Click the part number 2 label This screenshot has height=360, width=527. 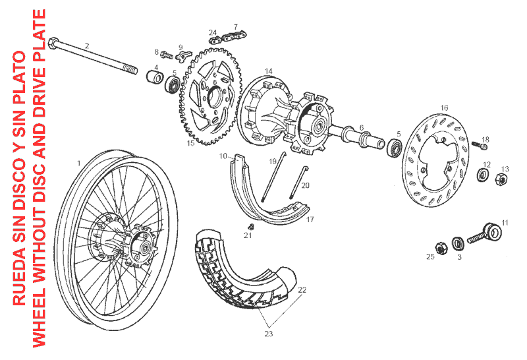pos(86,45)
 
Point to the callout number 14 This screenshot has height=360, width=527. pos(269,71)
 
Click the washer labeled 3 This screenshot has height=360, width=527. pos(457,241)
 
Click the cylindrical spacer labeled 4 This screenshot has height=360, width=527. pos(155,79)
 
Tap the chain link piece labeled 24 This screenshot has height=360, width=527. pos(215,40)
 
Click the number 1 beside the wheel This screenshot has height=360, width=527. pos(78,162)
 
